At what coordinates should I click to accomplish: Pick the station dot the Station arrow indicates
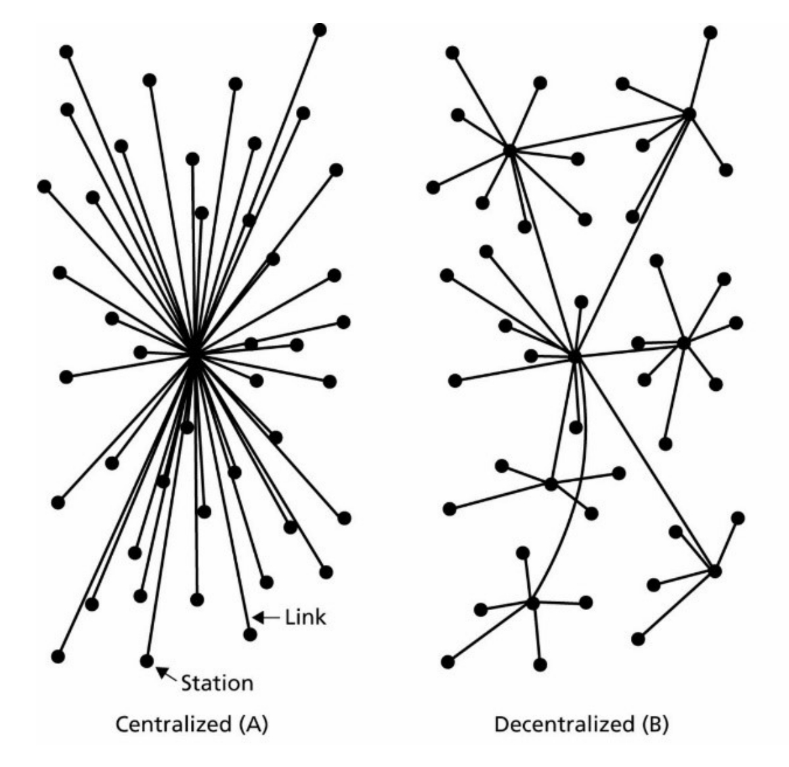(x=147, y=660)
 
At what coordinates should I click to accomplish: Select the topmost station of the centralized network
(x=320, y=30)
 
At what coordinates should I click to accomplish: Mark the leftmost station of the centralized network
(x=44, y=186)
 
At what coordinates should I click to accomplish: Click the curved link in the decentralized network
(x=584, y=473)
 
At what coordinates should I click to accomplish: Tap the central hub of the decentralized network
(x=575, y=357)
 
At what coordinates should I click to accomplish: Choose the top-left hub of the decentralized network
(x=509, y=150)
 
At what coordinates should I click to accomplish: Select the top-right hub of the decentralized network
(x=689, y=114)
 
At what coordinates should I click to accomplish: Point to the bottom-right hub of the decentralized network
(x=715, y=571)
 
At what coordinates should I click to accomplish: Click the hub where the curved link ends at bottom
(x=532, y=602)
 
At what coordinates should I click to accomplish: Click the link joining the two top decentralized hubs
(x=599, y=132)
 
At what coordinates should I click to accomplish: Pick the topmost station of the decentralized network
(x=710, y=32)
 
